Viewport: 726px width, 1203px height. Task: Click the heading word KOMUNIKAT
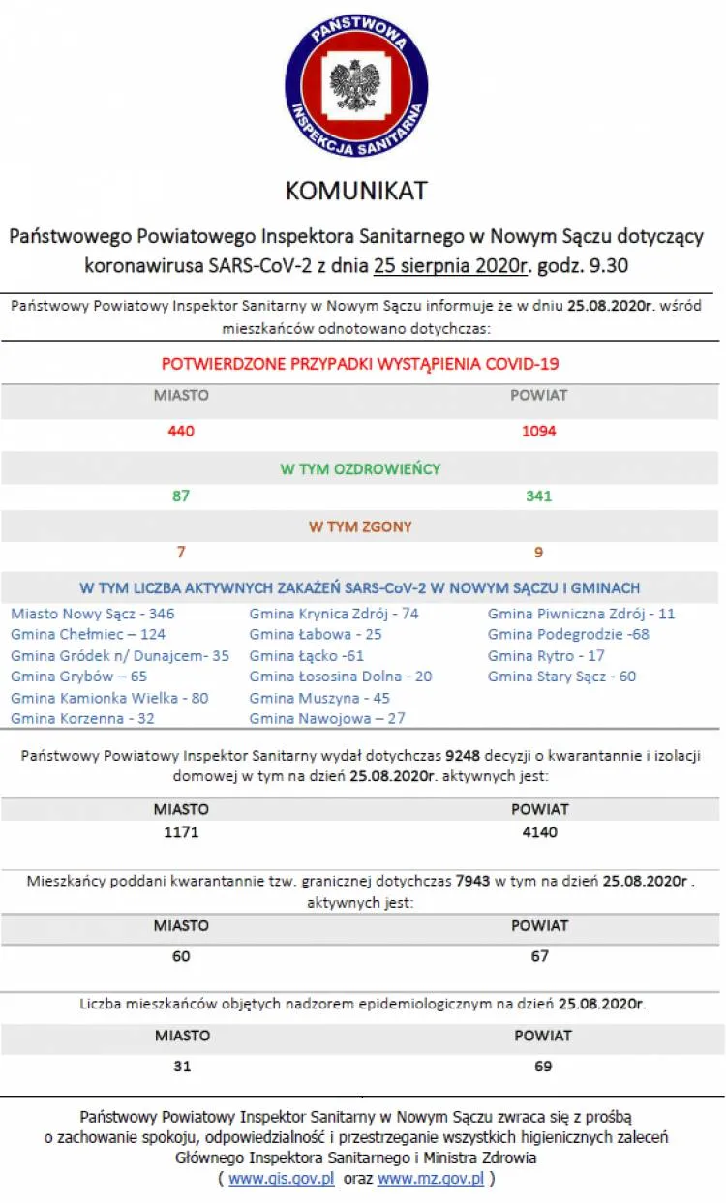coord(356,191)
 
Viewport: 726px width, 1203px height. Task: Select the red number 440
coord(181,431)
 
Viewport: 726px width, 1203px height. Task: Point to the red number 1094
coord(539,431)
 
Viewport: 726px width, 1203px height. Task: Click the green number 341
coord(539,496)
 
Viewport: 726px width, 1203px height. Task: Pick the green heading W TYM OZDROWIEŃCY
coord(360,469)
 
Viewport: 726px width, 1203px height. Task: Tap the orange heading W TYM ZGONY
coord(360,527)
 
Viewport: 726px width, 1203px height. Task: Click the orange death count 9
coord(539,553)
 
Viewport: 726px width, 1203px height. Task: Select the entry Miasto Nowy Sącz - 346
coord(93,614)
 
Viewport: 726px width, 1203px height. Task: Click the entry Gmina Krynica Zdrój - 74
coord(334,614)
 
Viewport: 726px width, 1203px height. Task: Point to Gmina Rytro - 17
coord(547,655)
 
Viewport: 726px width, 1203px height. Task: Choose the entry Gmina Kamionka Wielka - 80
coord(109,698)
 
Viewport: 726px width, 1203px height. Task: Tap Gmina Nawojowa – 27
coord(327,718)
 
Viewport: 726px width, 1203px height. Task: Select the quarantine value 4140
coord(539,832)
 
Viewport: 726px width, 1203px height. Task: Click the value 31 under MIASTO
coord(181,1067)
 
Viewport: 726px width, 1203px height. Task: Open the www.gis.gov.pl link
coord(282,1179)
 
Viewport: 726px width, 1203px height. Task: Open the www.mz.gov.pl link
coord(431,1179)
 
